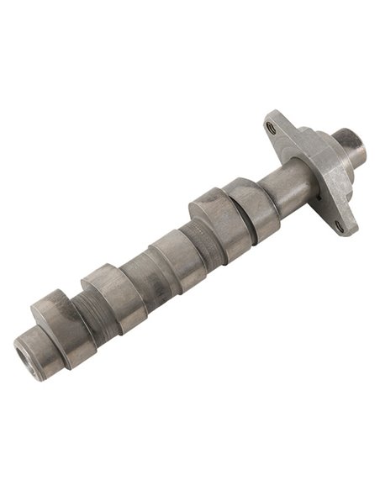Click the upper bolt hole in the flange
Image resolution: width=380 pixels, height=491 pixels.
(271, 128)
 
